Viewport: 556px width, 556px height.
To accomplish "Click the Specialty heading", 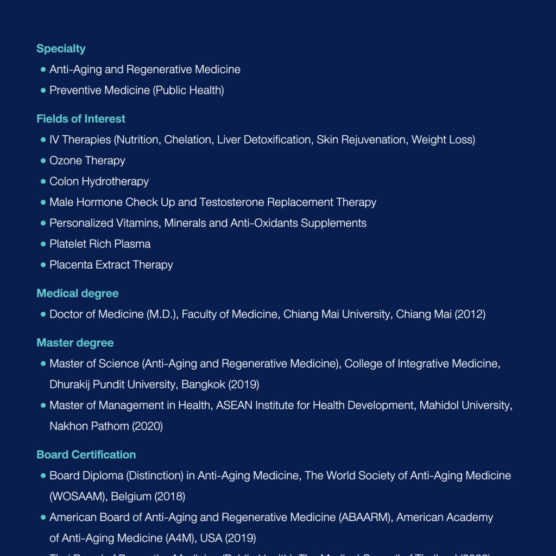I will click(x=61, y=49).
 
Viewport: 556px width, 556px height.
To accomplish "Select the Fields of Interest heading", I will click(x=81, y=119).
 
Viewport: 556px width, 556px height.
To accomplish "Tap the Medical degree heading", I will click(x=77, y=294).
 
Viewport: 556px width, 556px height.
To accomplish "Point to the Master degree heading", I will click(x=75, y=343).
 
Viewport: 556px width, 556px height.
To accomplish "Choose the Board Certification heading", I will click(x=86, y=455).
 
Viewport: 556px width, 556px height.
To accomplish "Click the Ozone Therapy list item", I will click(x=87, y=161).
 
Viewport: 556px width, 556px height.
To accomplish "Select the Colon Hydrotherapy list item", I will click(x=99, y=181).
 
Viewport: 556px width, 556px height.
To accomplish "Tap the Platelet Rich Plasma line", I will click(x=100, y=244).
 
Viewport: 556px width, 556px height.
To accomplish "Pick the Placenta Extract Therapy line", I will click(x=111, y=265).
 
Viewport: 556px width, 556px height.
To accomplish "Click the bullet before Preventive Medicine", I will click(x=43, y=91).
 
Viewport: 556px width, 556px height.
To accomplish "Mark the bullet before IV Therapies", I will click(x=43, y=140).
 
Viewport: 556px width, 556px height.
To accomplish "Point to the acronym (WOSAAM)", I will click(x=78, y=497).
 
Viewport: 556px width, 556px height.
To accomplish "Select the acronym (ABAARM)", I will click(x=365, y=517).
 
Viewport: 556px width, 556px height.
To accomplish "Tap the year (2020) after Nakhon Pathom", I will click(x=147, y=426).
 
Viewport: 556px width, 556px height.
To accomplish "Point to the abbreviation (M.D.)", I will click(x=162, y=314).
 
